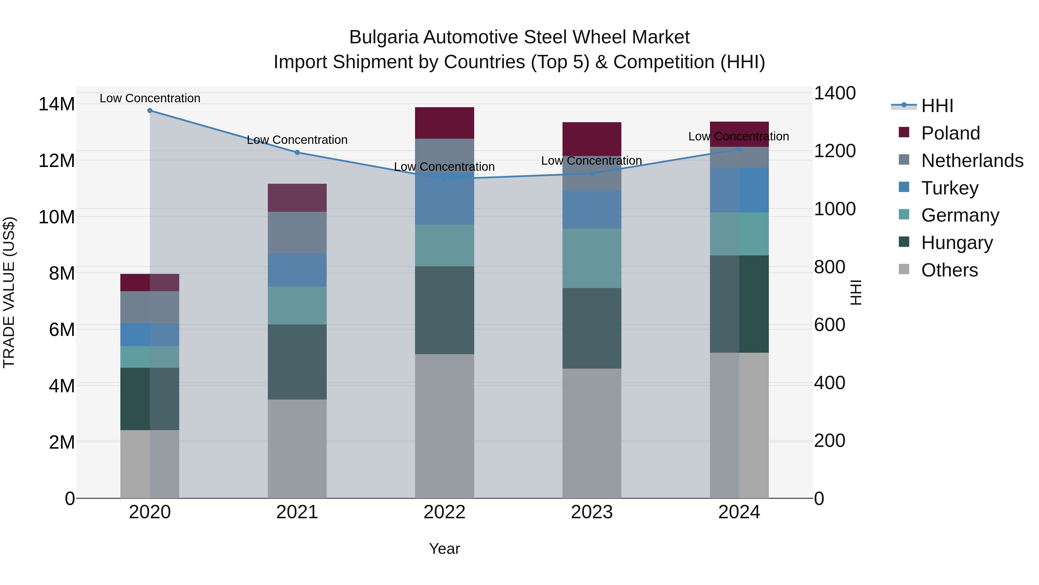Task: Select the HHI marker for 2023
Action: coord(592,174)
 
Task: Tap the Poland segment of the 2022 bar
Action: coord(444,123)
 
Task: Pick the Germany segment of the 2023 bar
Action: coord(592,258)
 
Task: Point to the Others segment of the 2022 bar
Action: coord(444,426)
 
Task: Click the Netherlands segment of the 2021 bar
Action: coord(297,233)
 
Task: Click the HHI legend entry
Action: coord(937,106)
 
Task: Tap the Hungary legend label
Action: coord(957,243)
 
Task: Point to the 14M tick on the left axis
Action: coord(57,104)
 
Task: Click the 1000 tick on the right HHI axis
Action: coord(834,209)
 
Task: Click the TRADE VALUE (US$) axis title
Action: coord(9,292)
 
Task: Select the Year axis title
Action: coord(444,549)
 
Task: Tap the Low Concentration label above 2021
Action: coord(297,140)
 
